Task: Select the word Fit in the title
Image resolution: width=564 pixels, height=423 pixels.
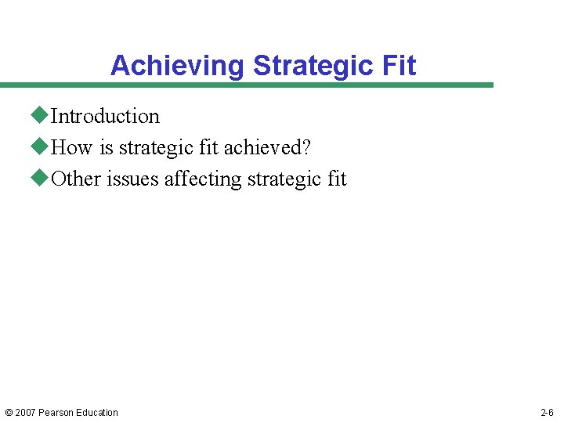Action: [x=400, y=66]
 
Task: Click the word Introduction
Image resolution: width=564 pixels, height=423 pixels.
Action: [x=105, y=117]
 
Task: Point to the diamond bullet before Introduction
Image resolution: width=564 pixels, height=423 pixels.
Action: [x=40, y=116]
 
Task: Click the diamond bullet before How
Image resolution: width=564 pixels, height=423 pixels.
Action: [x=40, y=147]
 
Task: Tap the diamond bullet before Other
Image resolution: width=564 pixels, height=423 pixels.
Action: [x=40, y=179]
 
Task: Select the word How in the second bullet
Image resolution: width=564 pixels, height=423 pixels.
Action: [x=71, y=148]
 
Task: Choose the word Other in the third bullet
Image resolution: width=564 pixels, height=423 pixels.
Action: [x=76, y=179]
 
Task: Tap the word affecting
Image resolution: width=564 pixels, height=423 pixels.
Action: [x=203, y=179]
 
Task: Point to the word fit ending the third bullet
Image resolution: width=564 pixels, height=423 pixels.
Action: [x=337, y=179]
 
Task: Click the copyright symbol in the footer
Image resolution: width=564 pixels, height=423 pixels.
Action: [x=9, y=413]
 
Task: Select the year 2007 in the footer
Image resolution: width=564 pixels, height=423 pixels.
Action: [x=25, y=413]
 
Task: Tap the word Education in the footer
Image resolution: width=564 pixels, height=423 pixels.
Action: [x=97, y=413]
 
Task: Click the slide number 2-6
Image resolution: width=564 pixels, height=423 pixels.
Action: [x=547, y=413]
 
